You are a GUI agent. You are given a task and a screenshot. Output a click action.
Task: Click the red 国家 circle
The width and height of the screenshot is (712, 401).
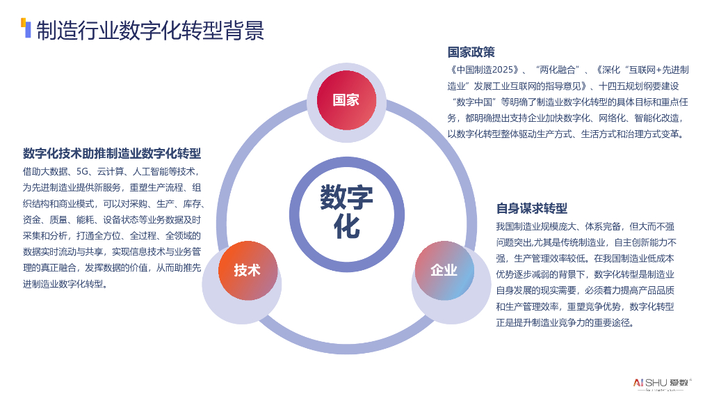click(346, 100)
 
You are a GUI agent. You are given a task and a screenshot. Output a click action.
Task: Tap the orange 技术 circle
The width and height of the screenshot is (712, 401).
click(247, 270)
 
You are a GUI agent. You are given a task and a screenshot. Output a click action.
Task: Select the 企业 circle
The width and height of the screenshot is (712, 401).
click(444, 270)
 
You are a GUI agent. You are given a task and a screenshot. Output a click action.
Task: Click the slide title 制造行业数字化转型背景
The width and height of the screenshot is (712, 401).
click(149, 31)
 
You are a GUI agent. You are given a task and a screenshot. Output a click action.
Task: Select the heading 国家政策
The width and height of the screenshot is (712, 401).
click(471, 52)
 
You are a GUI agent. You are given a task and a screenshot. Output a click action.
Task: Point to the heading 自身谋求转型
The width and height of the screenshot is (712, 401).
click(531, 208)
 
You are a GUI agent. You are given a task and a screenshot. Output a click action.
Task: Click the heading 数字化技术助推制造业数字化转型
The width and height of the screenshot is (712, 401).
click(112, 153)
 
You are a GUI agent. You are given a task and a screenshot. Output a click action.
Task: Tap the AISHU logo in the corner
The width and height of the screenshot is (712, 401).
click(658, 382)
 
